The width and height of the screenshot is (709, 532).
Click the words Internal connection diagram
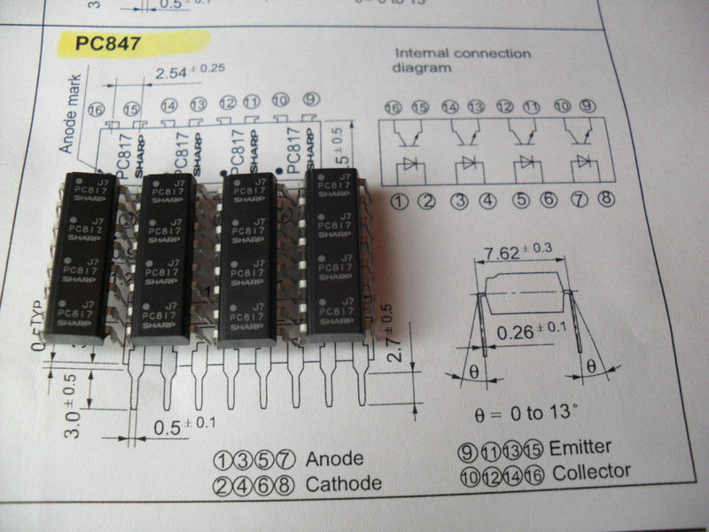[x=462, y=60]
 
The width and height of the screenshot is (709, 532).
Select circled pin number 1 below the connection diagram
[x=399, y=200]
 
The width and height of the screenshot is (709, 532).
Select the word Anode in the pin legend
[x=335, y=459]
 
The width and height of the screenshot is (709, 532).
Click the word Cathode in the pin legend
[x=343, y=484]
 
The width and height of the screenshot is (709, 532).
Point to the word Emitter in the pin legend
[x=581, y=448]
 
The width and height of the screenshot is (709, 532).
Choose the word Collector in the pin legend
[x=591, y=473]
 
